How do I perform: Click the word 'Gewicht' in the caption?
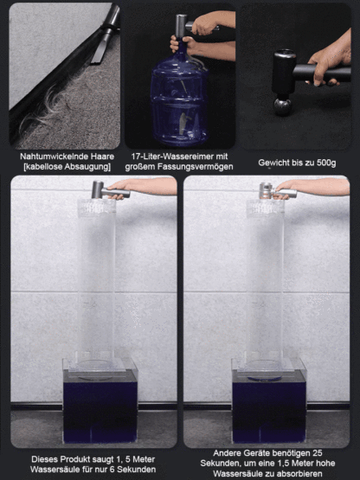click(276, 163)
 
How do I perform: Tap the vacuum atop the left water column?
click(100, 189)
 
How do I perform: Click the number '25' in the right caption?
click(318, 451)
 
